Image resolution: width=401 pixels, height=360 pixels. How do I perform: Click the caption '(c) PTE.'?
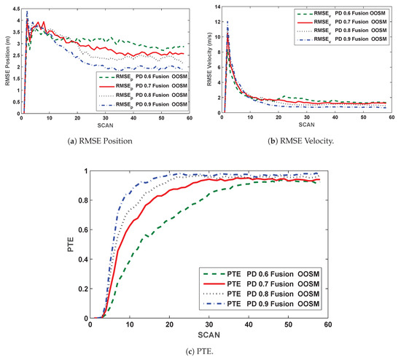200,351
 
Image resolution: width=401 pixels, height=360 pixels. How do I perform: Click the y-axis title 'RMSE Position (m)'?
7,59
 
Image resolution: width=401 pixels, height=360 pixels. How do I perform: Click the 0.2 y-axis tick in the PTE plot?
83,289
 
